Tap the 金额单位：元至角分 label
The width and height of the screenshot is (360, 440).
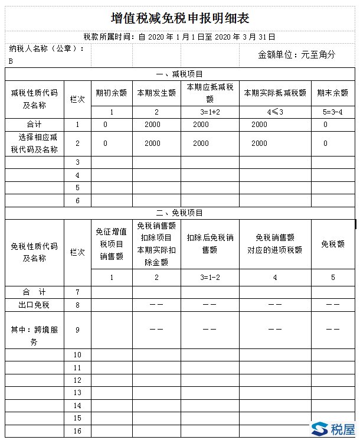297,54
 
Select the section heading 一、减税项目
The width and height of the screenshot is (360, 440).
180,74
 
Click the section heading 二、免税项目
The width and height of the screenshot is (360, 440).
180,213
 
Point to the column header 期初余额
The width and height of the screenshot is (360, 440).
111,93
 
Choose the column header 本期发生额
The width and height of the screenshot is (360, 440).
156,93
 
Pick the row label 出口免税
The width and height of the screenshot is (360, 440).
34,305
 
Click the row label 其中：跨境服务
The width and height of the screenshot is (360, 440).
34,335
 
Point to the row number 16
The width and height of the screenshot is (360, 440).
77,431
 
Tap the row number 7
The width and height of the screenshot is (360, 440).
77,292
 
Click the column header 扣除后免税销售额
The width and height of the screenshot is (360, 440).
210,244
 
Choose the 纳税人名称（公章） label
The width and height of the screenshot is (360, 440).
47,48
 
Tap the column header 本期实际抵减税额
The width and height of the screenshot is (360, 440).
274,93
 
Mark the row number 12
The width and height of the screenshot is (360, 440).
77,380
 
